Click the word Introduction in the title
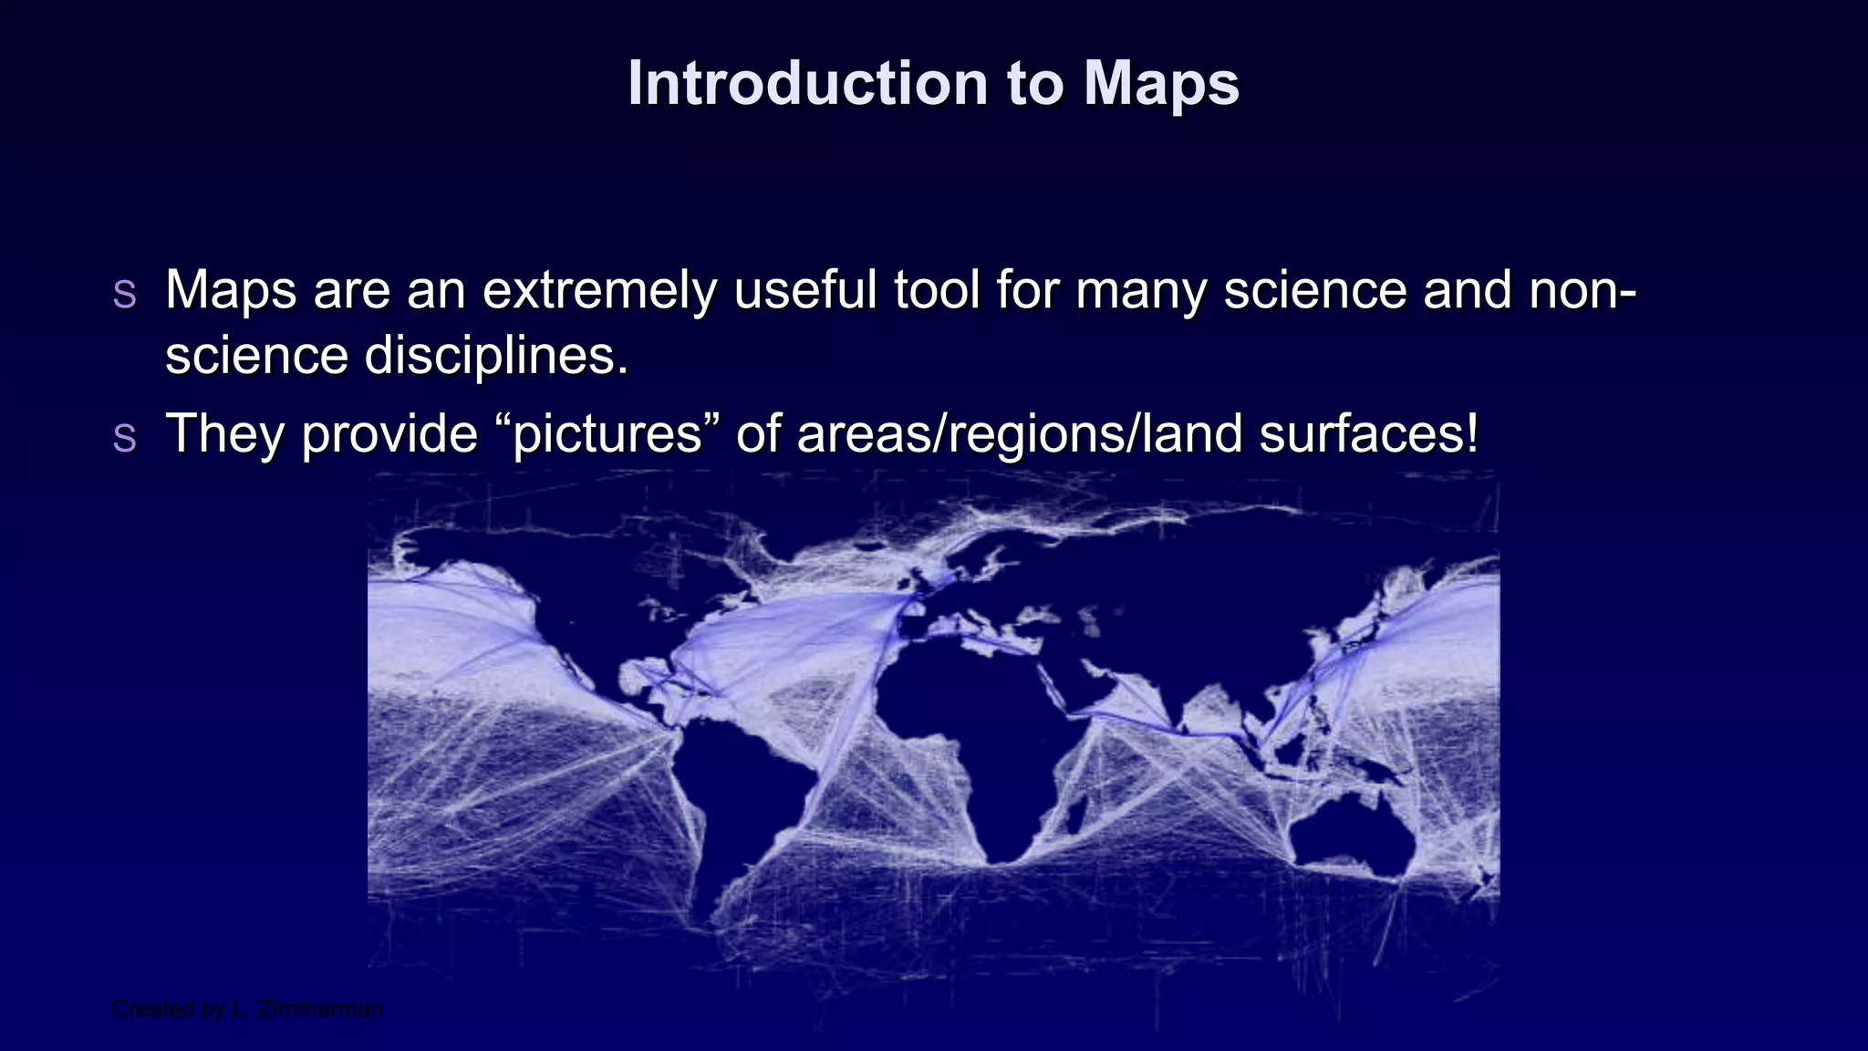(x=807, y=84)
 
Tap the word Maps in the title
(x=1161, y=84)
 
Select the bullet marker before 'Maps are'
(x=124, y=292)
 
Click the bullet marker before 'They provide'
(x=124, y=436)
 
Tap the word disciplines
(x=496, y=356)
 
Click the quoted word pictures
(x=607, y=434)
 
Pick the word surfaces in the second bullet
(x=1368, y=434)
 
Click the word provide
(x=389, y=434)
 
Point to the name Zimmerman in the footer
(x=320, y=1009)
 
